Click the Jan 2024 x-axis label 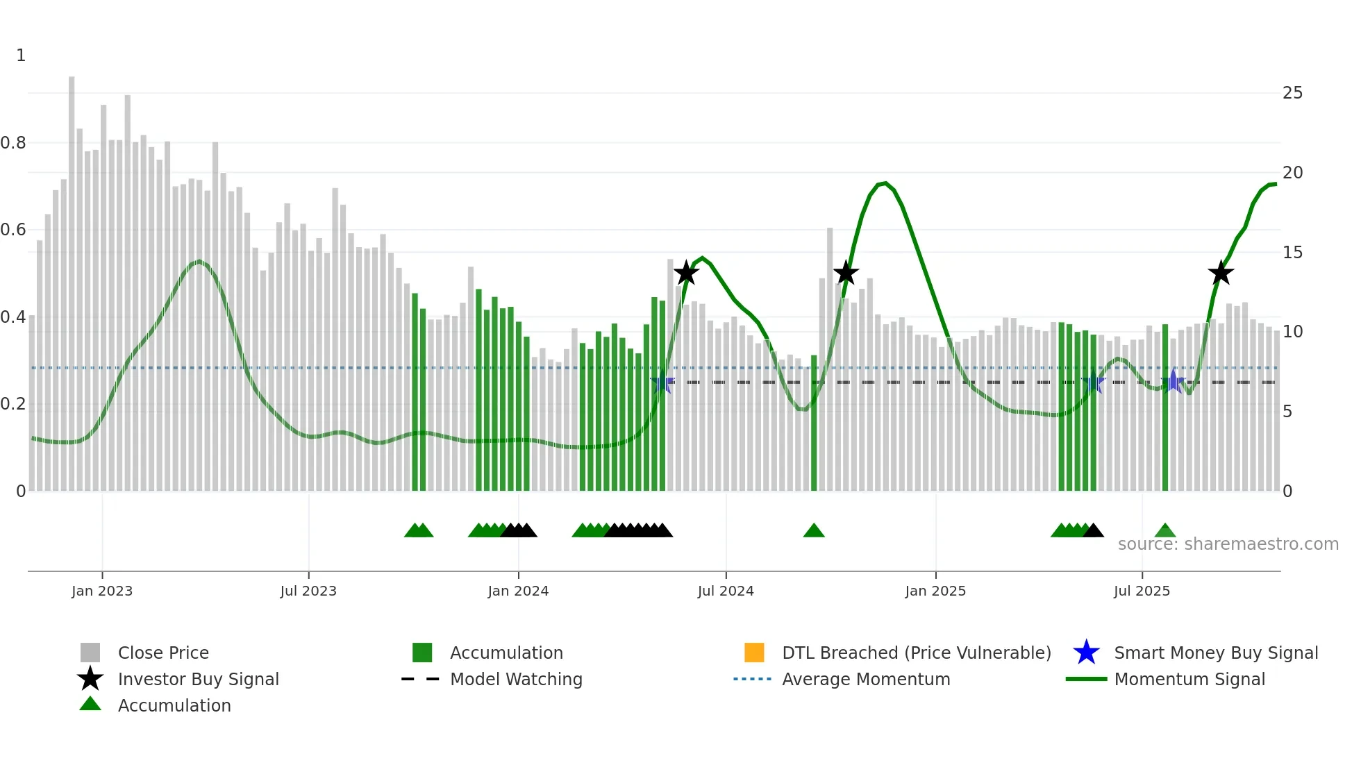click(518, 591)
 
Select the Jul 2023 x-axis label click(308, 591)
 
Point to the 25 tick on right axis click(1292, 93)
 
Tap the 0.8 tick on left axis click(13, 143)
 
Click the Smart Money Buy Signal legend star click(1086, 653)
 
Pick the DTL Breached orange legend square click(754, 653)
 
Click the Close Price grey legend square click(90, 653)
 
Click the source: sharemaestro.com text click(1228, 544)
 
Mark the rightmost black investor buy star click(1221, 274)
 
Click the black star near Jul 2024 click(686, 273)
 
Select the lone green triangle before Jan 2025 click(814, 531)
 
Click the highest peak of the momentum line click(885, 183)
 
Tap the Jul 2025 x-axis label click(1142, 591)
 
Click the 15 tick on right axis click(1292, 253)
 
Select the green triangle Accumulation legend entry click(174, 705)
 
